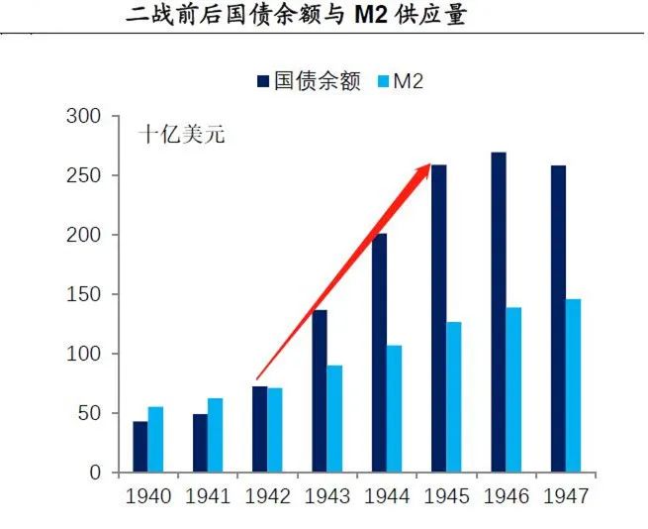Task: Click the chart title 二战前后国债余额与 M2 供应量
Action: tap(296, 16)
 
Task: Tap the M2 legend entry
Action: tap(400, 81)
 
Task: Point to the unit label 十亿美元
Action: tap(181, 135)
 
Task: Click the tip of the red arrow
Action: tap(427, 166)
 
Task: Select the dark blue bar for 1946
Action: tap(499, 312)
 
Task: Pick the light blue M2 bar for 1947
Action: tap(573, 385)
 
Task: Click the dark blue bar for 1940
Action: tap(140, 447)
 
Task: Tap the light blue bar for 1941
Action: tap(215, 435)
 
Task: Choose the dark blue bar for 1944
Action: tap(379, 353)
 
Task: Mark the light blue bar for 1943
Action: tap(334, 418)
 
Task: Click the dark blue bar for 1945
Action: tap(438, 318)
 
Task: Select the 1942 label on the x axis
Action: tap(266, 496)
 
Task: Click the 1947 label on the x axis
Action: tap(565, 496)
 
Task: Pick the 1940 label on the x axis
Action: tap(147, 496)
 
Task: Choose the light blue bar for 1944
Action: tap(394, 408)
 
